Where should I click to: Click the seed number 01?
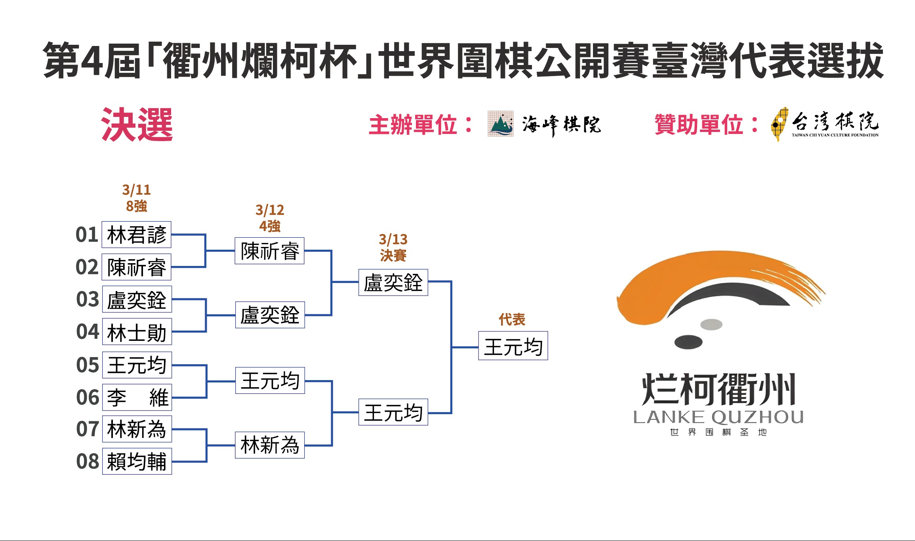click(87, 235)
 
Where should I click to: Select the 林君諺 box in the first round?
click(137, 235)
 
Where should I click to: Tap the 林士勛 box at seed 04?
click(137, 332)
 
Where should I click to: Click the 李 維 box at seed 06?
click(137, 397)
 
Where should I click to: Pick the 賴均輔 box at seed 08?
click(137, 461)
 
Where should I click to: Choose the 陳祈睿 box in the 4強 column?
click(269, 251)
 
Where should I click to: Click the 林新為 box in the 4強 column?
click(269, 445)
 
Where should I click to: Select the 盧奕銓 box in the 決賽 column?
click(393, 283)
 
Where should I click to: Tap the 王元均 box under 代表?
click(513, 346)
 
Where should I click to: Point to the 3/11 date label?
click(137, 190)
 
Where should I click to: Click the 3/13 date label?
click(393, 239)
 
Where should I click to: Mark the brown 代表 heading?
click(512, 319)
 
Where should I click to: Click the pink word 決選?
click(137, 125)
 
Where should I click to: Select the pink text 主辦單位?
click(413, 125)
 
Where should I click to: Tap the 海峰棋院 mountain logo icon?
click(500, 124)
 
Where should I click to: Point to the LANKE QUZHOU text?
click(718, 417)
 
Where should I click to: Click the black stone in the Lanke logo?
click(688, 342)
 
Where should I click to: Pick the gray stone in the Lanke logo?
click(711, 325)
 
